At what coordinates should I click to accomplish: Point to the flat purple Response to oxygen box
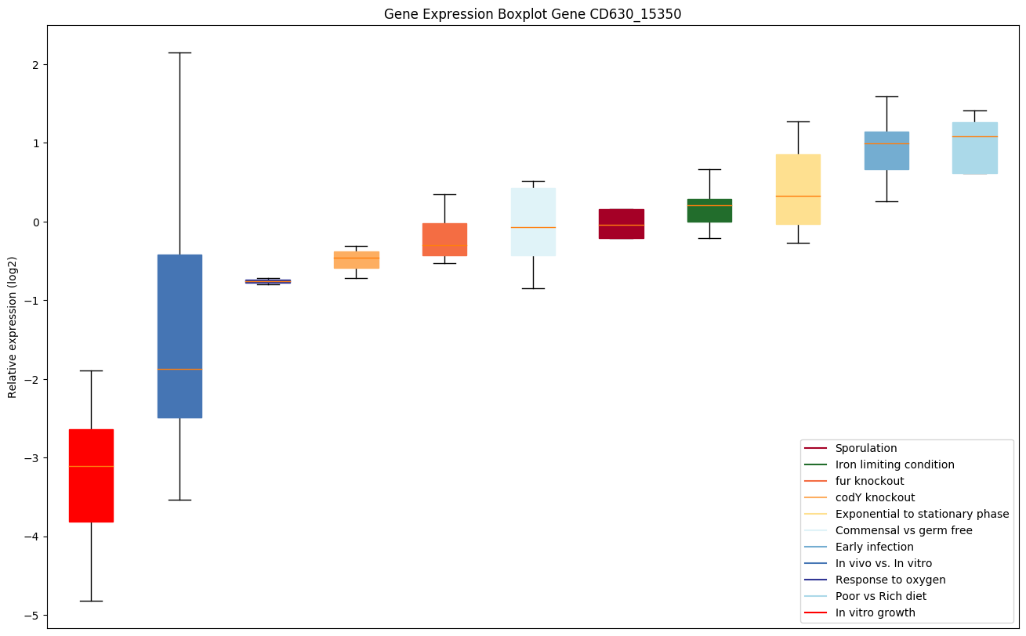pyautogui.click(x=268, y=281)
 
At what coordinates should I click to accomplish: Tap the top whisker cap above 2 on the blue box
pyautogui.click(x=179, y=52)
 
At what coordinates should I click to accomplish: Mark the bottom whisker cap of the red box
pyautogui.click(x=91, y=601)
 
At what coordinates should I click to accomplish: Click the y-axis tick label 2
pyautogui.click(x=35, y=64)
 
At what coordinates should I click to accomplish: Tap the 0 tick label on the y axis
pyautogui.click(x=35, y=222)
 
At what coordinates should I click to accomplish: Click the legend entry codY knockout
pyautogui.click(x=875, y=497)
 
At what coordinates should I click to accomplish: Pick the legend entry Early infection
pyautogui.click(x=874, y=547)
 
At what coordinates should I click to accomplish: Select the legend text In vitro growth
pyautogui.click(x=875, y=613)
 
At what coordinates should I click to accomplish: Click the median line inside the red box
pyautogui.click(x=91, y=466)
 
